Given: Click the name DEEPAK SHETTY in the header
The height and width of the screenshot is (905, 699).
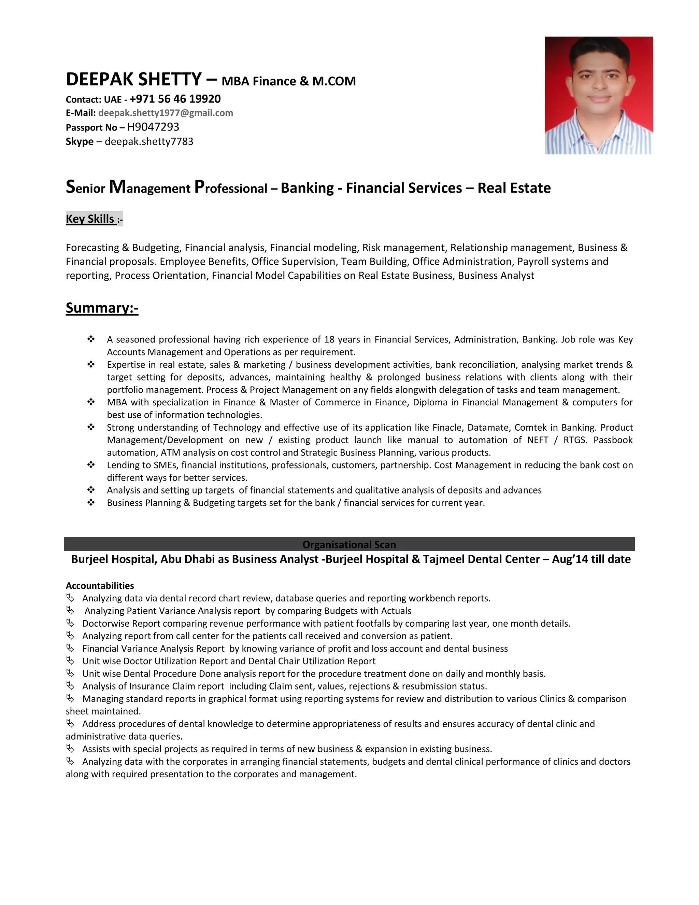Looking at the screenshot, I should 134,80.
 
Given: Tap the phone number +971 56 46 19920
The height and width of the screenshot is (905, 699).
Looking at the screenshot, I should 175,99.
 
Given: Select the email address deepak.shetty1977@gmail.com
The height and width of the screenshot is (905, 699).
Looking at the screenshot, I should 166,113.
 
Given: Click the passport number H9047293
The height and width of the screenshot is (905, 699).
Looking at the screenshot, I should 153,127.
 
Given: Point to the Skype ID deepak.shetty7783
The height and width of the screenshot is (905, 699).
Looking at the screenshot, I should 149,142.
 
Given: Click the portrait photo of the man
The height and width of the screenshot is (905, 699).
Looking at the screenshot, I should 598,95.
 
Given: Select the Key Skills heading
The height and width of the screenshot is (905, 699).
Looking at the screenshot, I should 90,219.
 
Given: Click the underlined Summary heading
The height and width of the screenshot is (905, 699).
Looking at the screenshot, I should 102,308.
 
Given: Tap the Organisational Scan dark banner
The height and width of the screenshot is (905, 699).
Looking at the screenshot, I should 349,544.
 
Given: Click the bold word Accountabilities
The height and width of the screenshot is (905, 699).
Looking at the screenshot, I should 100,585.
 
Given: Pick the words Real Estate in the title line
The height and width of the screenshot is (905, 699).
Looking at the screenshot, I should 514,188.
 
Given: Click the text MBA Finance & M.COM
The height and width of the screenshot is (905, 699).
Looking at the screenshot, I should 289,81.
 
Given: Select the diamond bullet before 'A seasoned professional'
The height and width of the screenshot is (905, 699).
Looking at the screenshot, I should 91,339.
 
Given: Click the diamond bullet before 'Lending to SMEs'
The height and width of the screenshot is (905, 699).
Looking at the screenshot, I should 91,465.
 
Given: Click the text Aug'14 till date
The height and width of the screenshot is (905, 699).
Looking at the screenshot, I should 591,559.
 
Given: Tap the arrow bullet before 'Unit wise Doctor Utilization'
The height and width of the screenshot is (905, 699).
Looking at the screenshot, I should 70,661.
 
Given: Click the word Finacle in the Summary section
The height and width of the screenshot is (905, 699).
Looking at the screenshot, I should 446,428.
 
